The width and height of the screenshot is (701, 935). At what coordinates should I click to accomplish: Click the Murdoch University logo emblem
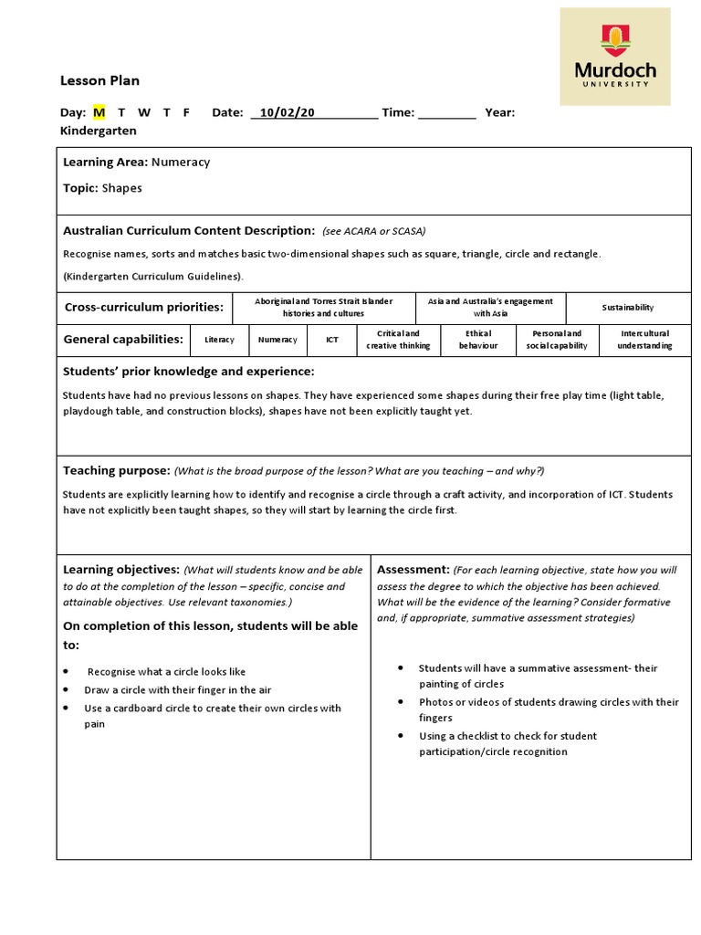click(x=614, y=41)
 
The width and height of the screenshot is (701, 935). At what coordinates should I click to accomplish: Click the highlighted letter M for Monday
click(x=99, y=112)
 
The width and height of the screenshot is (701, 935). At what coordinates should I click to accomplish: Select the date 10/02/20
click(x=287, y=112)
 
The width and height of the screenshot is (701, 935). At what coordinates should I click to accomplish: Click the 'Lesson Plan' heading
click(x=99, y=80)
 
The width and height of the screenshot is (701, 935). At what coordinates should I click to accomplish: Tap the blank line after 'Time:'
click(x=447, y=113)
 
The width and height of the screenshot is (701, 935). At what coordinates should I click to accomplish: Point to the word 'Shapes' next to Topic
click(x=121, y=188)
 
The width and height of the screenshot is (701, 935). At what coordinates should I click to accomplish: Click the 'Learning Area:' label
click(x=105, y=163)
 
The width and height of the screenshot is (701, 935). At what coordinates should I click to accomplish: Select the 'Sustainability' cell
click(x=628, y=308)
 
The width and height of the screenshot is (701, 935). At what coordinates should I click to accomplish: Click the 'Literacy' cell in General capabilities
click(x=219, y=340)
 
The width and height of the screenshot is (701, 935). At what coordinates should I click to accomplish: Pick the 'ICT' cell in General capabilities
click(x=332, y=340)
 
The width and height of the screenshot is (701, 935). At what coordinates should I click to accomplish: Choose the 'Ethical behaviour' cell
click(x=477, y=340)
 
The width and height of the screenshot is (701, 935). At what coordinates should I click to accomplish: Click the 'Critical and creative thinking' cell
click(x=398, y=340)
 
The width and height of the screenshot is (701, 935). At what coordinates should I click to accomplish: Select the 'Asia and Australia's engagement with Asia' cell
click(x=490, y=308)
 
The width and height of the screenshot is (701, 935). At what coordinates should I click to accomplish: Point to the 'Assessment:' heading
click(x=413, y=569)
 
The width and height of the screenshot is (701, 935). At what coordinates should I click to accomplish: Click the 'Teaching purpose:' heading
click(x=116, y=470)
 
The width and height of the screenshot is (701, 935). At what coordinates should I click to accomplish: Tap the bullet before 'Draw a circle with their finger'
click(x=67, y=690)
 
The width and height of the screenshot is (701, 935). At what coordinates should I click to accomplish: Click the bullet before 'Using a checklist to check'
click(x=401, y=736)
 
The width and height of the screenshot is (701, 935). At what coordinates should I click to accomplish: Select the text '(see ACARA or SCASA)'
click(x=373, y=231)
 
